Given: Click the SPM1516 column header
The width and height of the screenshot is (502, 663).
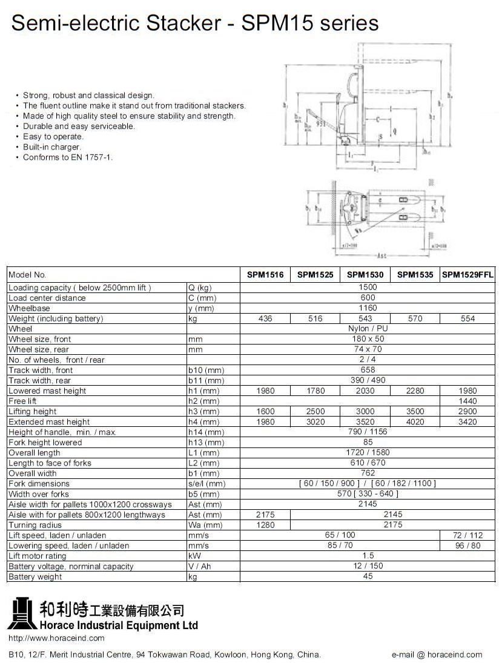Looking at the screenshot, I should [x=265, y=274].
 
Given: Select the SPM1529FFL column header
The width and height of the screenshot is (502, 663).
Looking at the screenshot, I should [x=467, y=274].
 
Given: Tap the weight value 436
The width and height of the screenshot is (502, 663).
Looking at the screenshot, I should [x=265, y=318].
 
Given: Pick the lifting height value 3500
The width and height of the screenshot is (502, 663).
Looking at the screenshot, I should [x=415, y=412].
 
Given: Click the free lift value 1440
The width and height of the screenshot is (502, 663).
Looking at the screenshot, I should [x=467, y=401].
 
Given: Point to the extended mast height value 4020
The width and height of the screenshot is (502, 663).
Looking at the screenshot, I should [x=415, y=422].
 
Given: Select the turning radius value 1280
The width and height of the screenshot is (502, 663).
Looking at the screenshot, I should [x=265, y=525].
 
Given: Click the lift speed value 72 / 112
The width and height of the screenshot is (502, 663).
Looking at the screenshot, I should [x=467, y=535].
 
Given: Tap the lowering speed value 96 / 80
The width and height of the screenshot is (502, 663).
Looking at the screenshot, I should [x=467, y=546].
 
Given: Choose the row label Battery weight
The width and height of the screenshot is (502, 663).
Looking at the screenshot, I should [x=35, y=577].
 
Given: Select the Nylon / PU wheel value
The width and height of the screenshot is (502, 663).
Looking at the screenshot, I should [x=368, y=329].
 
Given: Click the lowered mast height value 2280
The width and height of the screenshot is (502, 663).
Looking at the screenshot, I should [x=415, y=391].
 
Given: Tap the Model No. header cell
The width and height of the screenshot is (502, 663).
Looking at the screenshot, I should [x=27, y=275].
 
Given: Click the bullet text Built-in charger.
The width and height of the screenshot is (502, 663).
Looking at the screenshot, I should [x=51, y=147].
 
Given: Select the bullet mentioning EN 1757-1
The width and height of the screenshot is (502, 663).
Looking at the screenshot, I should [x=68, y=157].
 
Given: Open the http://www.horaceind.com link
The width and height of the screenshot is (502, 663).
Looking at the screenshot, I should [x=56, y=638].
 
